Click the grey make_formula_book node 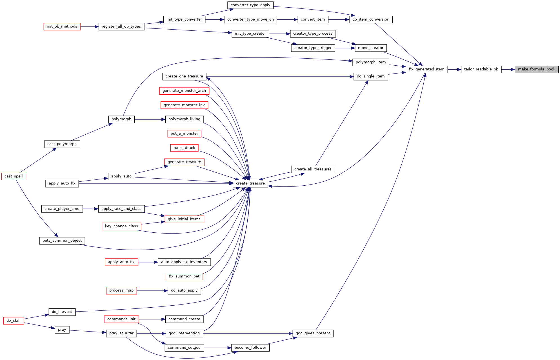[x=536, y=69]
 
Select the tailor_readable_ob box [x=481, y=69]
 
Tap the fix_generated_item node [x=426, y=69]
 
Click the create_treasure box [x=250, y=183]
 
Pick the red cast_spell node [x=14, y=176]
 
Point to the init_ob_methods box [x=62, y=26]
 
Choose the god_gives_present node [x=313, y=333]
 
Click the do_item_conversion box [x=371, y=19]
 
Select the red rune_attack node [x=184, y=148]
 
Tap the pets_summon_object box [x=62, y=241]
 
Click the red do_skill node [x=14, y=321]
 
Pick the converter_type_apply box [x=250, y=5]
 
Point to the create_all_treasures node [x=313, y=169]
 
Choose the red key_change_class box [x=121, y=226]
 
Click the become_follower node [x=250, y=348]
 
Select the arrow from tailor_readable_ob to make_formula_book [x=508, y=69]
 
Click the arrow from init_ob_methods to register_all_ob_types [x=90, y=27]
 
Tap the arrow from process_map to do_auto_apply [x=152, y=291]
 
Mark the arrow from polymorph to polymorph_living [x=150, y=119]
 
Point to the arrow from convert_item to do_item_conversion [x=339, y=20]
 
